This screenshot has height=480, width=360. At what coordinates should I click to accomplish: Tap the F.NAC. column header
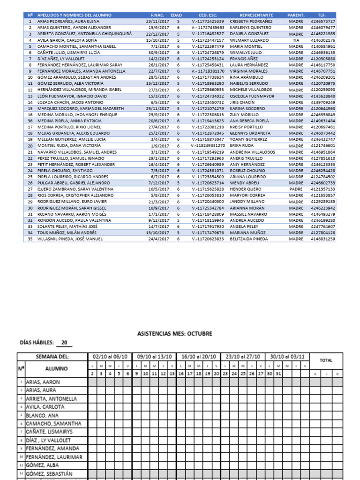click(157, 15)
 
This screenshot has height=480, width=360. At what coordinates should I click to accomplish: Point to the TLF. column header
click(322, 15)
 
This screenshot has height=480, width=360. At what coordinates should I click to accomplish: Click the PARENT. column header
click(296, 15)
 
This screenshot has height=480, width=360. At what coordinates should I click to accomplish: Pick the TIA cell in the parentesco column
click(296, 40)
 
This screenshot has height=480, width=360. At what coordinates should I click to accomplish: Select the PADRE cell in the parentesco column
click(296, 189)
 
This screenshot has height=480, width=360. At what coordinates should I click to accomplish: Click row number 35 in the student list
click(30, 239)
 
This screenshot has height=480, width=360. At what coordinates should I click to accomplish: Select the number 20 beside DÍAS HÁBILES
click(64, 343)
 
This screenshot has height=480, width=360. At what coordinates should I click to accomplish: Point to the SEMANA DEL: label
click(52, 357)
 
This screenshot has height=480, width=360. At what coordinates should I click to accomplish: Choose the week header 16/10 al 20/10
click(198, 357)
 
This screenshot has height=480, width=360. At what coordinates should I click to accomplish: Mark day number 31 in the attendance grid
click(279, 374)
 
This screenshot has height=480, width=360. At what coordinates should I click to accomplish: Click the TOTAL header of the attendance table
click(326, 360)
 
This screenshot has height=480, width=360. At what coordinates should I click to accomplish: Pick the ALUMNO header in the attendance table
click(56, 369)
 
